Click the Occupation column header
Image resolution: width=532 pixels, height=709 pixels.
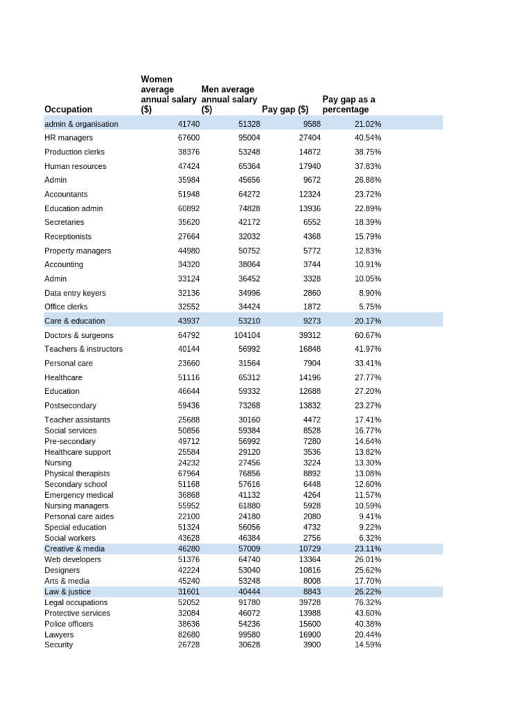68,109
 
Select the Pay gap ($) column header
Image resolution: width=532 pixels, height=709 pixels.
285,109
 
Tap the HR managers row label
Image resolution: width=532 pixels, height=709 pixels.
69,138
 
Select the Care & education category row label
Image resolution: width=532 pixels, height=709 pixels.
75,321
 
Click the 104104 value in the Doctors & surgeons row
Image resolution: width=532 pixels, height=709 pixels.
247,335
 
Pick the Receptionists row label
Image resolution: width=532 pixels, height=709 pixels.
68,237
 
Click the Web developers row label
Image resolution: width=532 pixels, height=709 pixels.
73,559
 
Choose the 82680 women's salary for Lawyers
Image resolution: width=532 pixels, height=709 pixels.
188,634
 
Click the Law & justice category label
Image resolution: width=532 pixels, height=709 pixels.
67,592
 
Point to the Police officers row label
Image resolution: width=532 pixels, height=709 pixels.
69,624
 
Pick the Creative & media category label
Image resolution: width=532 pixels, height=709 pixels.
75,549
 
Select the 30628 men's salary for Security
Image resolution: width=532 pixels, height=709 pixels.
249,645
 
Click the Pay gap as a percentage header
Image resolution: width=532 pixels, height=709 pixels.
349,105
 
